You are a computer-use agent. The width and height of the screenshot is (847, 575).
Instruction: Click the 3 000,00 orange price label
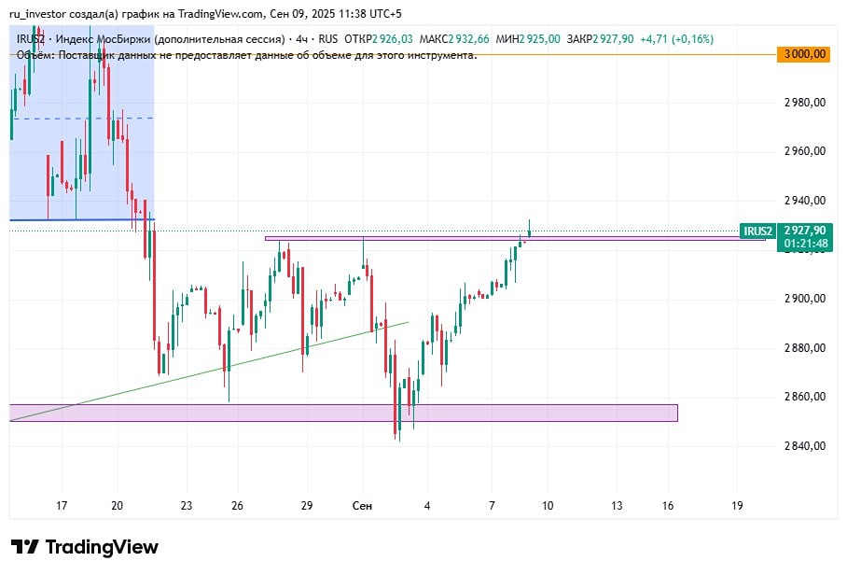(x=805, y=54)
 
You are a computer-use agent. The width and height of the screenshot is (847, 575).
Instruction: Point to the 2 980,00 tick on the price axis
(x=805, y=103)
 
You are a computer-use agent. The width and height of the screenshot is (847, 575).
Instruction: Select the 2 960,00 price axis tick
(x=805, y=151)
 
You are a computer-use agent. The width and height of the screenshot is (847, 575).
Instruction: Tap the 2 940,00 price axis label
(x=805, y=201)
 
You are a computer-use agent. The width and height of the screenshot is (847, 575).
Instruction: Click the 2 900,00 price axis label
(x=805, y=299)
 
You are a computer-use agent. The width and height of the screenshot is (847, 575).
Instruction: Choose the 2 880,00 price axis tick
(x=805, y=348)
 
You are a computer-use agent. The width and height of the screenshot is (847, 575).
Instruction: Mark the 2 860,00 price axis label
(x=805, y=397)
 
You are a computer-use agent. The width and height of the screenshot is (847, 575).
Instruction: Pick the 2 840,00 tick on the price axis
(x=805, y=446)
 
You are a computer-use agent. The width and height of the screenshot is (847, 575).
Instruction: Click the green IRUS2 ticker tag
(x=757, y=231)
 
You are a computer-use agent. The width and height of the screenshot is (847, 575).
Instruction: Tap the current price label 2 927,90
(x=805, y=231)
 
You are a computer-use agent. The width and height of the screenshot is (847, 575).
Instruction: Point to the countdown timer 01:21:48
(x=805, y=244)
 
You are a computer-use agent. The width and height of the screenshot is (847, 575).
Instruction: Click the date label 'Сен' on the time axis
(x=363, y=506)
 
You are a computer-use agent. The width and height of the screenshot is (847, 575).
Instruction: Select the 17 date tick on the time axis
(x=62, y=506)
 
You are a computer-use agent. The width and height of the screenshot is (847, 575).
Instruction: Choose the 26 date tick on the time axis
(x=237, y=506)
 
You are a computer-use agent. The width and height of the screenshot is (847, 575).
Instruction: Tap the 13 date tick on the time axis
(x=617, y=506)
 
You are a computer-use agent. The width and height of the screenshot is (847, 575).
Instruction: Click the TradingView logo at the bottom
(x=85, y=547)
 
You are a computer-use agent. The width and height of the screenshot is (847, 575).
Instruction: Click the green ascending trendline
(x=187, y=374)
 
